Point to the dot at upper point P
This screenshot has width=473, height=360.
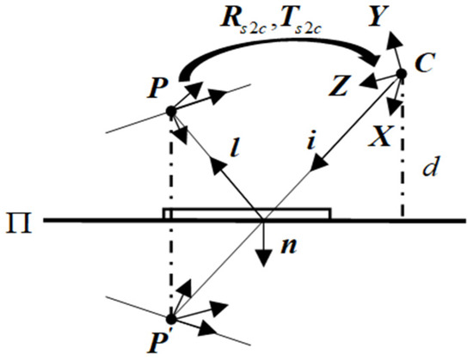(x=170, y=111)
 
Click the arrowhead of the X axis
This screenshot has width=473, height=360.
(x=393, y=109)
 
